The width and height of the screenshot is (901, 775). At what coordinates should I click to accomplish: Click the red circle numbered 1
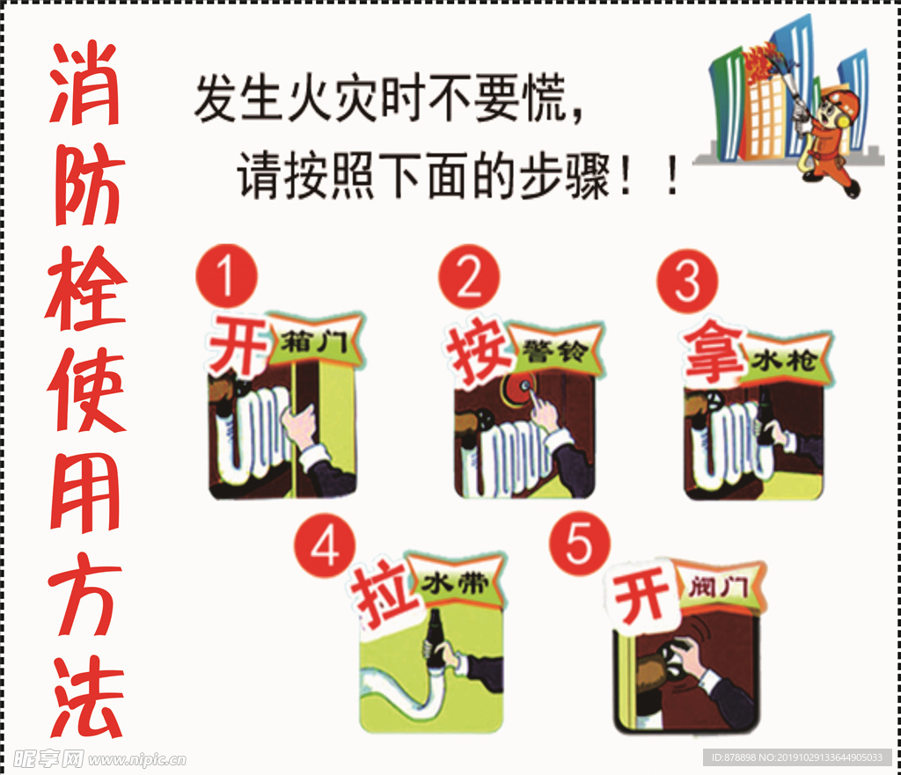(226, 275)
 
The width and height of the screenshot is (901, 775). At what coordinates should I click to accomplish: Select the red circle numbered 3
(687, 281)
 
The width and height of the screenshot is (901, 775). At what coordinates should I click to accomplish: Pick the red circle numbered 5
(579, 543)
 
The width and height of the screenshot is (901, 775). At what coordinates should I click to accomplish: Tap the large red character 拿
(714, 351)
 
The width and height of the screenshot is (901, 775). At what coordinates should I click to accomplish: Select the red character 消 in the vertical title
(85, 83)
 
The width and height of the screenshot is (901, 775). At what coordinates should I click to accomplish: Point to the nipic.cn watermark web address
(137, 759)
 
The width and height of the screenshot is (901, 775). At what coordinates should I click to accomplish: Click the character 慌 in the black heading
(545, 98)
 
